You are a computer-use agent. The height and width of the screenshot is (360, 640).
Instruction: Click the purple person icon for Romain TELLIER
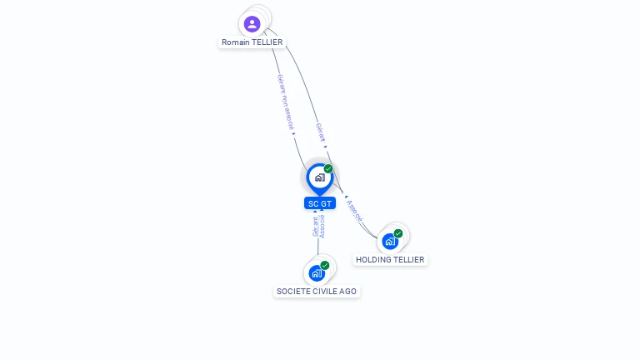252,23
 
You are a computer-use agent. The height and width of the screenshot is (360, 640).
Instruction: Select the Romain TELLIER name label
252,42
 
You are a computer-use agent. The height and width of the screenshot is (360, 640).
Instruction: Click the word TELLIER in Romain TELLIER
267,42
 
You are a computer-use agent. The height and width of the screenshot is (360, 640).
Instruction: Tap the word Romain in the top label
236,42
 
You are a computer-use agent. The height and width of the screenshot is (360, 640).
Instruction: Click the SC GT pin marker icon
319,177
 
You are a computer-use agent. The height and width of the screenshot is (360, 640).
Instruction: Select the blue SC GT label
319,203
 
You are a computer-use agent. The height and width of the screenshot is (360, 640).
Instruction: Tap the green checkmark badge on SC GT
328,169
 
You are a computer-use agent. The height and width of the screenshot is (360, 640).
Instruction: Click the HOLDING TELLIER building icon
389,242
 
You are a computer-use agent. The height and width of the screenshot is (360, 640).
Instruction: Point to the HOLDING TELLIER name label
390,260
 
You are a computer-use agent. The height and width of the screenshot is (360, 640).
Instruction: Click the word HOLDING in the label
374,260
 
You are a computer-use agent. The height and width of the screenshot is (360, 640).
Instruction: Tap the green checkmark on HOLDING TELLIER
398,234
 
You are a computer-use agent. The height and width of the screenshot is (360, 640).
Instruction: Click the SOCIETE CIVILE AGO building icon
317,273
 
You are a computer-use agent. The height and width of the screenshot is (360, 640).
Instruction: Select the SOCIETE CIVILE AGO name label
317,292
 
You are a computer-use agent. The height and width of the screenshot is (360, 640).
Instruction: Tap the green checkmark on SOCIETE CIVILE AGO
325,266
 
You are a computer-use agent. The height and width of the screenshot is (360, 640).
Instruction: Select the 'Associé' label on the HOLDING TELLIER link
354,211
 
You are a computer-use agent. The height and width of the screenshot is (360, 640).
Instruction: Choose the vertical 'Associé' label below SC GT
322,227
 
